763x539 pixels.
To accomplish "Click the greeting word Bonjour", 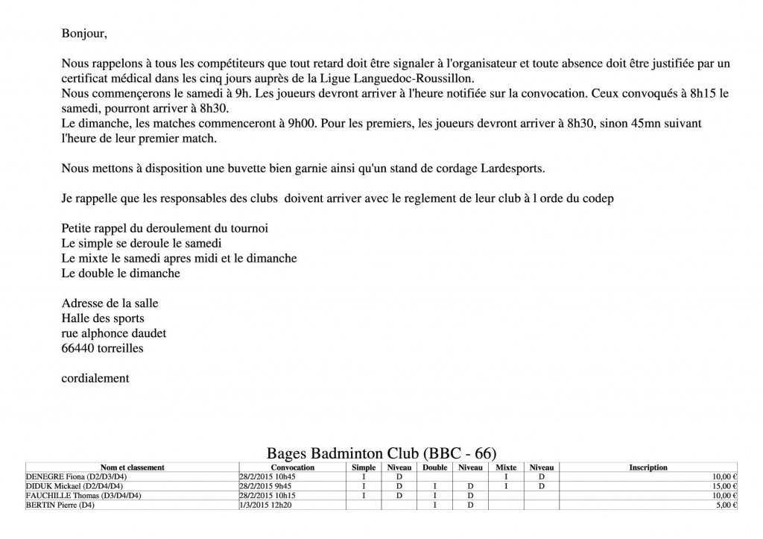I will pyautogui.click(x=83, y=34).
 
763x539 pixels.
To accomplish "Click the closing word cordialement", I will pyautogui.click(x=95, y=378).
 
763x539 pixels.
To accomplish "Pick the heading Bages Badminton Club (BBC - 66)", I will pyautogui.click(x=381, y=453).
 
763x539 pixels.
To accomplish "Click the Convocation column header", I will pyautogui.click(x=293, y=467).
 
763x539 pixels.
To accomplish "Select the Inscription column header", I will pyautogui.click(x=648, y=467).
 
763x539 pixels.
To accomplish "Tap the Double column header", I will pyautogui.click(x=434, y=467).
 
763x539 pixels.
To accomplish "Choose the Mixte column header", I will pyautogui.click(x=506, y=467).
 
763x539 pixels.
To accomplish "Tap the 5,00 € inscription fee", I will pyautogui.click(x=725, y=505).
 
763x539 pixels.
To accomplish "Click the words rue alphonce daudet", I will pyautogui.click(x=114, y=333).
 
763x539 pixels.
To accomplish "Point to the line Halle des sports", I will pyautogui.click(x=103, y=318).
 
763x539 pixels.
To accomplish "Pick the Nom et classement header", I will pyautogui.click(x=132, y=467).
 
